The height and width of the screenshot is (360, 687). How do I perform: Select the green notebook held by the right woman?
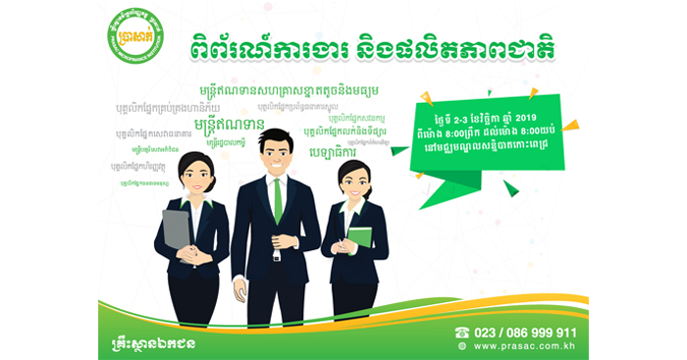(x=360, y=237)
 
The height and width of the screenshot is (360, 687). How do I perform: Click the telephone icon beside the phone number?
(x=462, y=333)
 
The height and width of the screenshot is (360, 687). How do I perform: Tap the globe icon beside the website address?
(x=462, y=346)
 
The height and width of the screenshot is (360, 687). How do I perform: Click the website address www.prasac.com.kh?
(x=525, y=346)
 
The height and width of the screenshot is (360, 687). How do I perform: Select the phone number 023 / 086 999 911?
(x=526, y=333)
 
